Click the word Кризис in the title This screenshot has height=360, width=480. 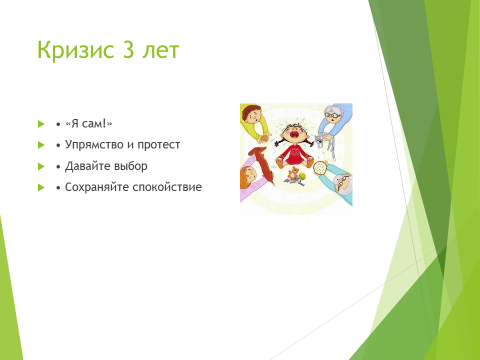(x=75, y=51)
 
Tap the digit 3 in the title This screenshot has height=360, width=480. (x=129, y=50)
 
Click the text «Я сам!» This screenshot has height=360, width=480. (x=89, y=124)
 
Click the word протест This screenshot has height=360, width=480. (x=159, y=145)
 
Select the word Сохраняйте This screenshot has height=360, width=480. (x=97, y=187)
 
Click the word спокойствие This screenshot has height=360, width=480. (x=167, y=187)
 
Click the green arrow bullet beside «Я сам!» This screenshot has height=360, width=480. (x=41, y=124)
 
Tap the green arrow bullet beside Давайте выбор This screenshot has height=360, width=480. (x=41, y=166)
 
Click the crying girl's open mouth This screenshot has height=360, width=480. (x=295, y=134)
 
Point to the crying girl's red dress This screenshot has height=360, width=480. (x=294, y=154)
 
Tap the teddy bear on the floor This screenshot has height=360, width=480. (x=293, y=174)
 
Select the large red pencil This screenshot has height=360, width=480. (x=261, y=165)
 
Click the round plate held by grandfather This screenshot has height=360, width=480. (x=321, y=167)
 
